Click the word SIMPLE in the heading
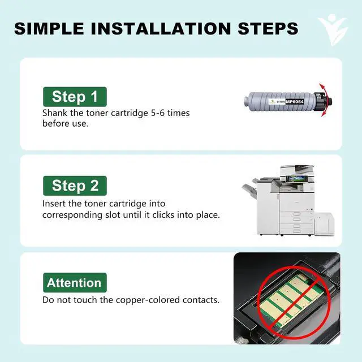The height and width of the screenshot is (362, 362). click(49, 29)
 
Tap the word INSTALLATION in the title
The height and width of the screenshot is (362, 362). click(161, 29)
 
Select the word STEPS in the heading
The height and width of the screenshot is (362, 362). click(268, 29)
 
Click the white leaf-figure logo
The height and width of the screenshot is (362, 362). click(333, 30)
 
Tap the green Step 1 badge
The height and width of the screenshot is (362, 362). click(75, 97)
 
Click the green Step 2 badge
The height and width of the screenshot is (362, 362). click(75, 186)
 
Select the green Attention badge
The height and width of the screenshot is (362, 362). click(75, 283)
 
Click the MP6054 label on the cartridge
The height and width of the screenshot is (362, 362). click(295, 102)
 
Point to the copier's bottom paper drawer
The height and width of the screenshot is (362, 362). click(296, 231)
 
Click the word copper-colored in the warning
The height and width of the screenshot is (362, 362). click(148, 300)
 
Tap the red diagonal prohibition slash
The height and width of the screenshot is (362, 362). click(294, 303)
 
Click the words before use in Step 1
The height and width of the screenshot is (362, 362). click(66, 123)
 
